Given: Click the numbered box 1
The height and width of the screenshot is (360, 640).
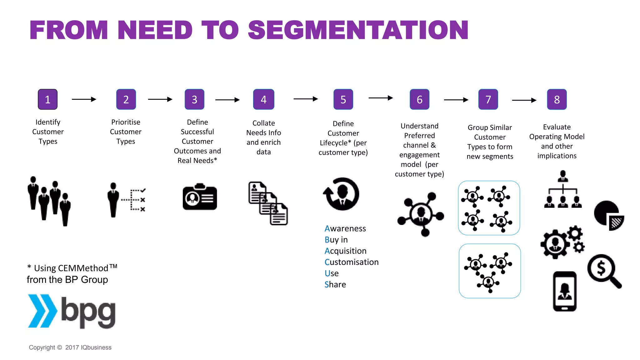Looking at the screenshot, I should (47, 99).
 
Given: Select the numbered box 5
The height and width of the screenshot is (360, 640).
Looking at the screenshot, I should (343, 99).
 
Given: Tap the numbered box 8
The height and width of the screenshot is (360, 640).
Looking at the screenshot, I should (557, 99).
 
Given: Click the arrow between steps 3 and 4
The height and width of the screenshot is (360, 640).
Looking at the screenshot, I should (227, 100).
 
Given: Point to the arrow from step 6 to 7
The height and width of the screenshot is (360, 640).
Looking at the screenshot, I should (456, 100).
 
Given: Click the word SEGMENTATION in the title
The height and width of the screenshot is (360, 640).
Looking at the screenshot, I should (358, 30).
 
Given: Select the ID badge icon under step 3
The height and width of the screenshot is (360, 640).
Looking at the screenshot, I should (200, 197).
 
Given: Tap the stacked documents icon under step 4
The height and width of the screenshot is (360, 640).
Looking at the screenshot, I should (268, 203).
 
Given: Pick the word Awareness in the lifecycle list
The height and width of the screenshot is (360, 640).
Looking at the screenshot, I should (345, 228).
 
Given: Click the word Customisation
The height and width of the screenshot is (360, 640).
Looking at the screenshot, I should (351, 262).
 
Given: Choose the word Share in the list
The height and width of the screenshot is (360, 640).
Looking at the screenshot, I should (335, 284).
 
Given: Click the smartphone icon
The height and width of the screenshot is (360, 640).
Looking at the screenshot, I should (564, 291).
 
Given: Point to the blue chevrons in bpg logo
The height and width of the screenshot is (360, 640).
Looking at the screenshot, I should (42, 311).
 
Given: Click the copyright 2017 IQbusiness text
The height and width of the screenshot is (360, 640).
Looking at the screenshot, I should (70, 347).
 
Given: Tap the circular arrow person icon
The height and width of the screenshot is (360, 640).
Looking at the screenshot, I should (341, 194).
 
